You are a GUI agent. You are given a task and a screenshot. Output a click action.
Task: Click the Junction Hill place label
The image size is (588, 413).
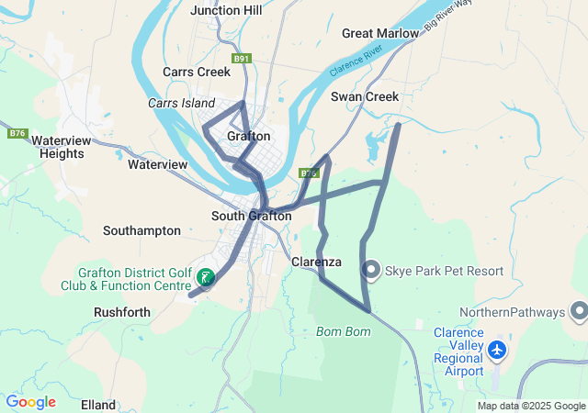tap(226, 10)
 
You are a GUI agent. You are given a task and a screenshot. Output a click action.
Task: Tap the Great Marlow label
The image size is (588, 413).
tap(380, 33)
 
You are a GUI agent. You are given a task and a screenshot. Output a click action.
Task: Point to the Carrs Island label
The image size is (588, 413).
tap(181, 104)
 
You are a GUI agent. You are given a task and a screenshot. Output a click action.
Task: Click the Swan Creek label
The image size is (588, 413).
tap(365, 96)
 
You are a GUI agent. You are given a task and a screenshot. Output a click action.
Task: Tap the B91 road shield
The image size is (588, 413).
tap(242, 59)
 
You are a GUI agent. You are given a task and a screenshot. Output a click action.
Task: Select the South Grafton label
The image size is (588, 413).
tap(251, 216)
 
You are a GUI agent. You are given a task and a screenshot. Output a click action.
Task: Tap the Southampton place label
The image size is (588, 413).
tap(141, 230)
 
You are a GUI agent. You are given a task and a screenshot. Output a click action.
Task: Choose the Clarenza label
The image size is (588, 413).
tap(316, 262)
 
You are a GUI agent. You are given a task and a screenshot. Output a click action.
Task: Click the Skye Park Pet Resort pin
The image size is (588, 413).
tap(371, 270)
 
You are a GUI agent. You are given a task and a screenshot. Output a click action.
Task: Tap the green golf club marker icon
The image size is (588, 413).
tap(206, 277)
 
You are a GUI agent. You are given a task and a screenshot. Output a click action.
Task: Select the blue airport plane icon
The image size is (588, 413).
tap(497, 351)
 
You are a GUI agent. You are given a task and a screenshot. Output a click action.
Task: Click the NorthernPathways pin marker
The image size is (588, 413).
tap(579, 312)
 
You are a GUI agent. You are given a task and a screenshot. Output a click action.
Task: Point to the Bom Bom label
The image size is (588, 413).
tap(343, 330)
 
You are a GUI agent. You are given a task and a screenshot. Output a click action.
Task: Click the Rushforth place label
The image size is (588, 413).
tap(121, 312)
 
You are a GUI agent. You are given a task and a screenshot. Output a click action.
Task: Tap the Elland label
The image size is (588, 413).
tap(98, 405)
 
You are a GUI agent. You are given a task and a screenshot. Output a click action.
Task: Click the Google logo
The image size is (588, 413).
tap(30, 402)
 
